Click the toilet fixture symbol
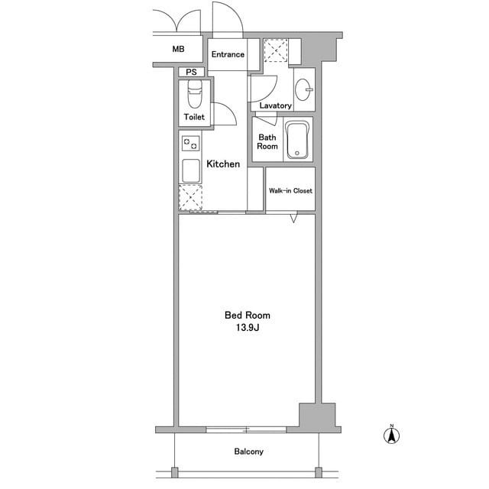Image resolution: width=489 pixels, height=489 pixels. [195, 93]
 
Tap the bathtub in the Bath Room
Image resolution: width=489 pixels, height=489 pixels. [297, 140]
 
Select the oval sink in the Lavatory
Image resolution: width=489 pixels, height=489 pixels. [303, 90]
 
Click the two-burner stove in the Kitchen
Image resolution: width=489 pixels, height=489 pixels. [190, 144]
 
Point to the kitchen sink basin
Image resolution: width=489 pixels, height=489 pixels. [190, 171]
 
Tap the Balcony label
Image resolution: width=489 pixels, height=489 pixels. [248, 452]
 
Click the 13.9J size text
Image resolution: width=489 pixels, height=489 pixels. [248, 328]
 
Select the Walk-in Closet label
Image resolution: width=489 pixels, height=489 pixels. [290, 190]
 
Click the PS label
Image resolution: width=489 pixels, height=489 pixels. [191, 72]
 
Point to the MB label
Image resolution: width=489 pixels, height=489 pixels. [178, 49]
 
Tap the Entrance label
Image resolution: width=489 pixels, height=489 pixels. [228, 54]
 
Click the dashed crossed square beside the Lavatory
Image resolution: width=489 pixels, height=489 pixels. [276, 50]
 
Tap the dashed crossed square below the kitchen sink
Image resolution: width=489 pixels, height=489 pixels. [190, 197]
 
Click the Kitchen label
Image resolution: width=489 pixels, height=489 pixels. [223, 164]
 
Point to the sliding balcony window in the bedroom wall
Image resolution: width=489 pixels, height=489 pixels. [246, 429]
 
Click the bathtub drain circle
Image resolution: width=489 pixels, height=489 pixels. [297, 153]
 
